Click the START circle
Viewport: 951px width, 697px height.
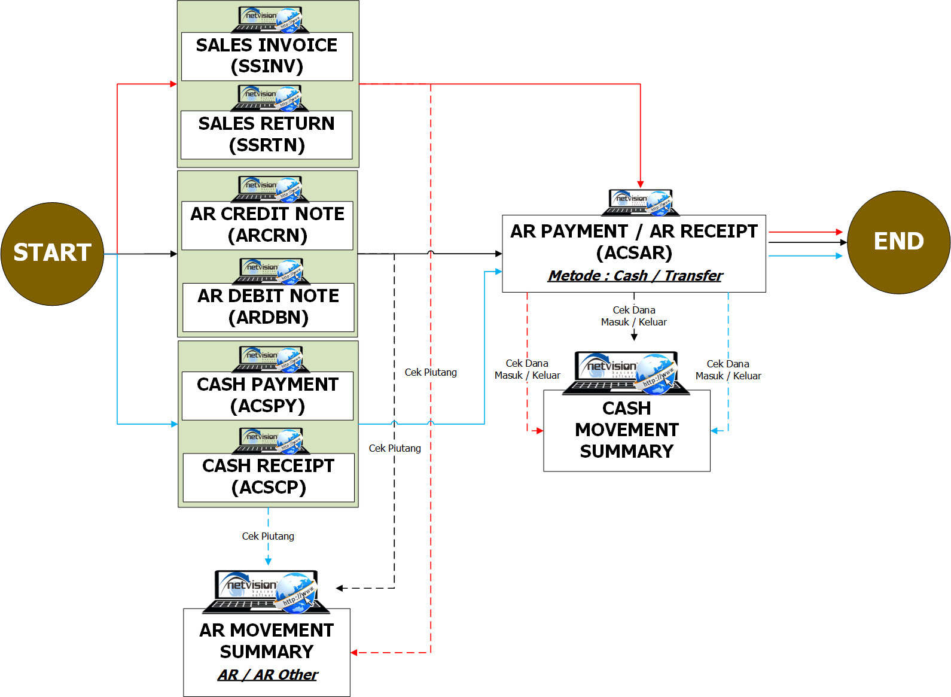pyautogui.click(x=52, y=254)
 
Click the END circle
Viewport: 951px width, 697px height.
pyautogui.click(x=898, y=242)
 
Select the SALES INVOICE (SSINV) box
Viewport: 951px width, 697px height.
pyautogui.click(x=267, y=56)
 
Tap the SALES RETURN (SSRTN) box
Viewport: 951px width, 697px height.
pyautogui.click(x=267, y=135)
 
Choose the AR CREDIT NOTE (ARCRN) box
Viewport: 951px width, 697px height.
pyautogui.click(x=267, y=225)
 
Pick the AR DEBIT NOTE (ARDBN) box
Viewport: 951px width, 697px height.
pyautogui.click(x=268, y=307)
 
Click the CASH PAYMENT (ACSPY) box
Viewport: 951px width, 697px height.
pyautogui.click(x=267, y=395)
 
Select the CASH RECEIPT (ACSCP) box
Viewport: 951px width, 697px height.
pyautogui.click(x=269, y=477)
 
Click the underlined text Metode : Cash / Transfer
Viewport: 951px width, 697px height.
pyautogui.click(x=635, y=276)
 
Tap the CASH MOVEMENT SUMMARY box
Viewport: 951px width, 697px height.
pyautogui.click(x=626, y=430)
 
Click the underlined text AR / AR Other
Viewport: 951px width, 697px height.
pyautogui.click(x=267, y=675)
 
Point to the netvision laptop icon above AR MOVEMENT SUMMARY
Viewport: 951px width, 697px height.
pyautogui.click(x=266, y=591)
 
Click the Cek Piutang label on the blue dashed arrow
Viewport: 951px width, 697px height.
pyautogui.click(x=268, y=536)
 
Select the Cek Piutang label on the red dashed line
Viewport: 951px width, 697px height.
pyautogui.click(x=431, y=372)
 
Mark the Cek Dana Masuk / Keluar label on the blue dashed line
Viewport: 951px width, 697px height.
pyautogui.click(x=728, y=370)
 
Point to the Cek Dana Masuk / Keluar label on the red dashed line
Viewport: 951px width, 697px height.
pyautogui.click(x=527, y=369)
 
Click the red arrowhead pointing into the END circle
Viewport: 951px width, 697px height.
pyautogui.click(x=839, y=232)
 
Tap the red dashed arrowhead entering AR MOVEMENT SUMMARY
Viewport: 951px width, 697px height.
pyautogui.click(x=354, y=653)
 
